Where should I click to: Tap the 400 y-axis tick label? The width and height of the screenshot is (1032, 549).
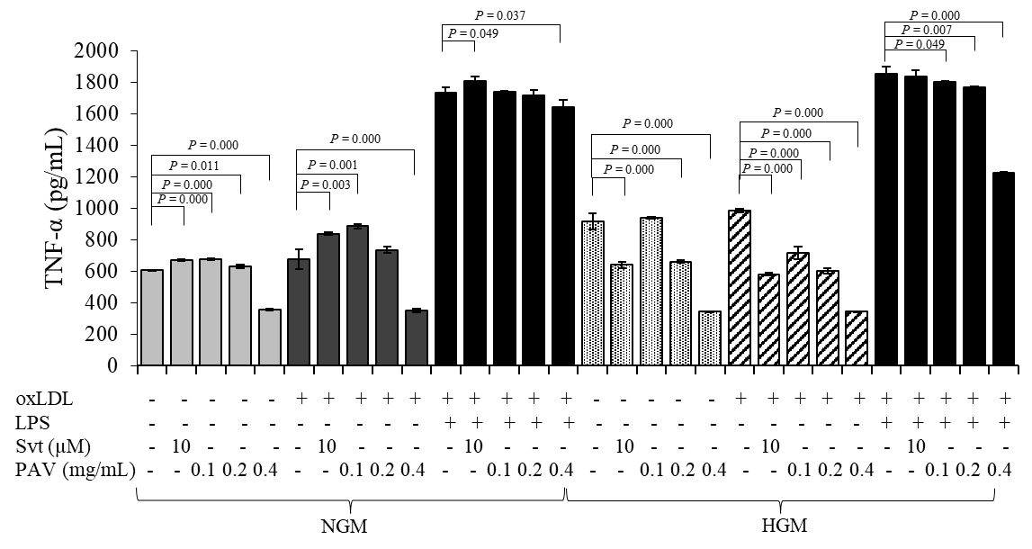104,303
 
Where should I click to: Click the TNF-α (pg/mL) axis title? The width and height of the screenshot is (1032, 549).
55,209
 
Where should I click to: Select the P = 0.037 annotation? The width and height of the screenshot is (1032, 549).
499,15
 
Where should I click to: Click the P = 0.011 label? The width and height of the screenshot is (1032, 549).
194,166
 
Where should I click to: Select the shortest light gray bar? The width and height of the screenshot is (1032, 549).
270,337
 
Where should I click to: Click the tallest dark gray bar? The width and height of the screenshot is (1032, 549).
357,295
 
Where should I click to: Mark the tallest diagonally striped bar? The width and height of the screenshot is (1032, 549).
740,288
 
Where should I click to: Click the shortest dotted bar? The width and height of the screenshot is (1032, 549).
710,338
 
